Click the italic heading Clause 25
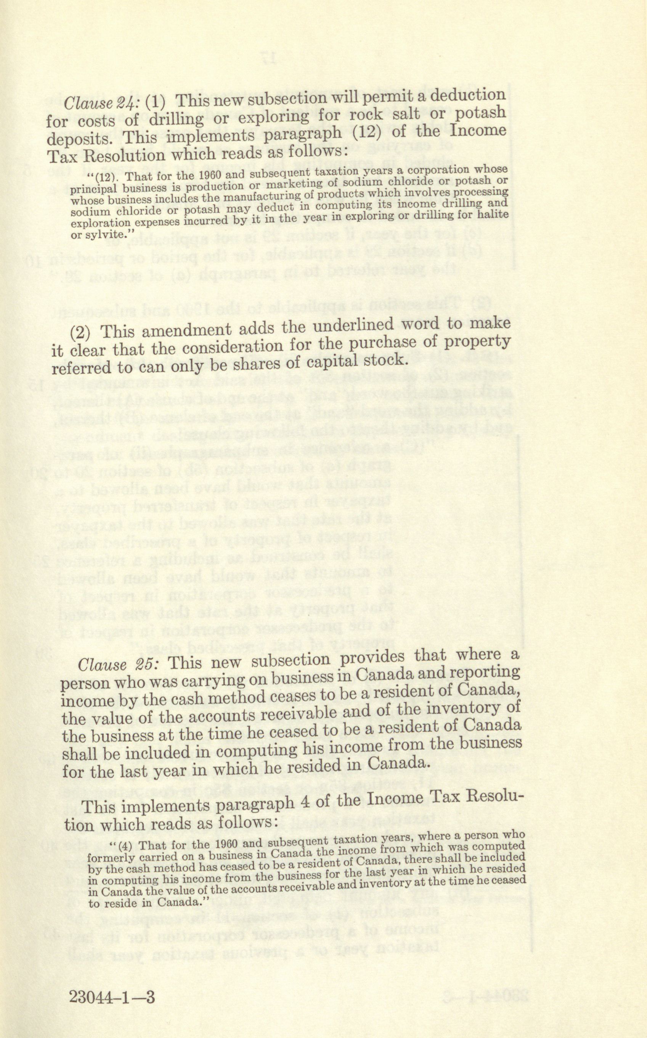tap(119, 665)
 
